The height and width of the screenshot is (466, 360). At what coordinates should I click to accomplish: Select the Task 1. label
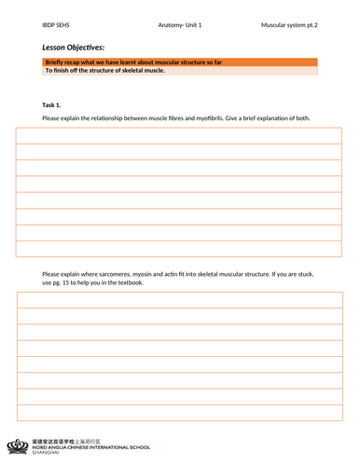coord(54,105)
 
